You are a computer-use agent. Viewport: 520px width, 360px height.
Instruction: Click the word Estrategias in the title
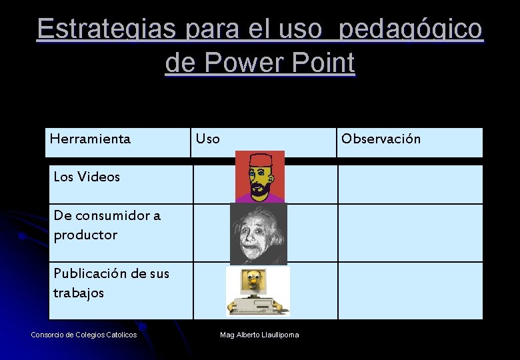click(x=107, y=29)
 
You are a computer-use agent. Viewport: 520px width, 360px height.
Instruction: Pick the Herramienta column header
click(x=90, y=139)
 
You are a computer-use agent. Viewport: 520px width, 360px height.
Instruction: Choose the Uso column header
click(x=207, y=139)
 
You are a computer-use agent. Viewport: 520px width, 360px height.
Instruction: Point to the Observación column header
click(x=381, y=139)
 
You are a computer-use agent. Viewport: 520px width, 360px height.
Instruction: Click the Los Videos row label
click(x=87, y=177)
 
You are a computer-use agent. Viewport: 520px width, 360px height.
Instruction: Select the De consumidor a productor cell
click(x=107, y=225)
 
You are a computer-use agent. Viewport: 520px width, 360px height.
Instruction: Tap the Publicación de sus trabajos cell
click(x=111, y=283)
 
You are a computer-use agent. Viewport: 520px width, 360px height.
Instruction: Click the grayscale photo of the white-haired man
click(x=258, y=233)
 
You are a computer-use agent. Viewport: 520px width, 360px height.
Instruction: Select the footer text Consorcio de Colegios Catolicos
click(x=84, y=334)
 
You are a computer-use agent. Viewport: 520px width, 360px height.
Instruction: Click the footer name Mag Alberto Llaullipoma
click(x=259, y=334)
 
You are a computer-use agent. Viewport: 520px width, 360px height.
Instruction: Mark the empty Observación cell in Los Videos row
click(x=410, y=183)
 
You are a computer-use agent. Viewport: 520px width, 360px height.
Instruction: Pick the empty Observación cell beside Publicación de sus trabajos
click(x=410, y=291)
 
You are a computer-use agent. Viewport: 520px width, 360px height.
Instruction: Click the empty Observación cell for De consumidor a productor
click(x=410, y=233)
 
